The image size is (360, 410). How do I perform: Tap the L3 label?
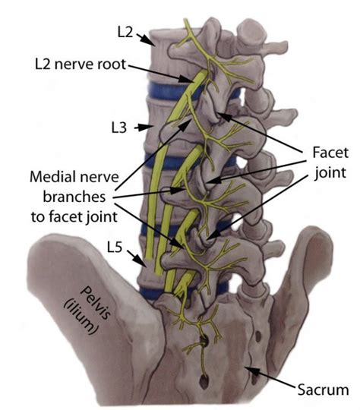[x=118, y=129]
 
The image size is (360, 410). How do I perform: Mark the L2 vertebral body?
[x=163, y=49]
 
